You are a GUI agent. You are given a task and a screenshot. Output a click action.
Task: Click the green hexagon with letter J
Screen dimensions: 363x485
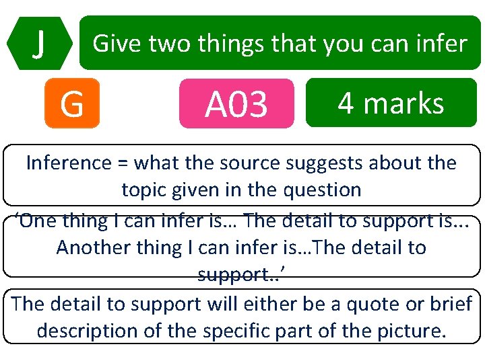coord(40,43)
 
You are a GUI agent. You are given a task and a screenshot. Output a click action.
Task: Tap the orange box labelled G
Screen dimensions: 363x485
coord(71,104)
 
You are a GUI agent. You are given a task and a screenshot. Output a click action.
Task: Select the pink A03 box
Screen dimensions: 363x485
coord(236,104)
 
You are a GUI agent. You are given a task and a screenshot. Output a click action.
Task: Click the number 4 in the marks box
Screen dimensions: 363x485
coord(346,103)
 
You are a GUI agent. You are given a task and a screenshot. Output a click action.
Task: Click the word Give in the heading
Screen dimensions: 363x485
coord(117,44)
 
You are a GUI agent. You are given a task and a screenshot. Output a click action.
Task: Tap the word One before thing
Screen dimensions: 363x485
coord(40,220)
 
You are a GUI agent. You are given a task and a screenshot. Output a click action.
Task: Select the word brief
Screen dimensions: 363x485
coord(449,304)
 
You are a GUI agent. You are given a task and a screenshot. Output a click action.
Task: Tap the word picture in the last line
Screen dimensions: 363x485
coord(409,331)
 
